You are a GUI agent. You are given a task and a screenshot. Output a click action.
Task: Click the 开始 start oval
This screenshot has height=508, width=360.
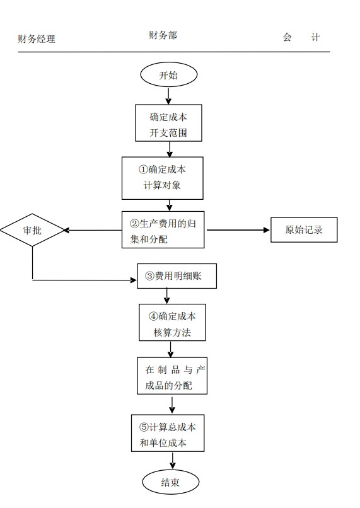pos(168,74)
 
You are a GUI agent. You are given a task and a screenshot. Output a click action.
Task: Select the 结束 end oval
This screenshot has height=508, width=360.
pos(170,482)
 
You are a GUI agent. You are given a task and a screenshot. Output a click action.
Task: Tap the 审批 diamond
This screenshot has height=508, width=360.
pos(32,230)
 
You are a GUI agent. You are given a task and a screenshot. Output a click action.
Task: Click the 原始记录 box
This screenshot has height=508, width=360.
pos(304,230)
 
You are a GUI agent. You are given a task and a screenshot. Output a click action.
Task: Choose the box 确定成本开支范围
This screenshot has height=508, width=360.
pos(168,123)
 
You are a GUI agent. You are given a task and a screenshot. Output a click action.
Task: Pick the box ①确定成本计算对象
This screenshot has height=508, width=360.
pos(163,178)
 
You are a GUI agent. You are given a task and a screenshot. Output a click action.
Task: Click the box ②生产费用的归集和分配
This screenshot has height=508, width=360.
pos(163,230)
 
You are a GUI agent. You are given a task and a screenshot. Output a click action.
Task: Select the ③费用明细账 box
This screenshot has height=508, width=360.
pos(177,276)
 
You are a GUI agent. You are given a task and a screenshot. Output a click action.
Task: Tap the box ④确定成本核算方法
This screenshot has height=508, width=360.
pos(172,323)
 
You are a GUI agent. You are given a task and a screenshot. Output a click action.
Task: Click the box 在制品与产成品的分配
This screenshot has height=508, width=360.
pos(171,376)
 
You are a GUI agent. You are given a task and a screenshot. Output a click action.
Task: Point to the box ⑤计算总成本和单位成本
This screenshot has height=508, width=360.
pos(168,434)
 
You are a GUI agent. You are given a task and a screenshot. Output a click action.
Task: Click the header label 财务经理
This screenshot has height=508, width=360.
pos(37,39)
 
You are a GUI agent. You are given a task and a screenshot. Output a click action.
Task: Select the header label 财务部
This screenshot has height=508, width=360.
pos(163,35)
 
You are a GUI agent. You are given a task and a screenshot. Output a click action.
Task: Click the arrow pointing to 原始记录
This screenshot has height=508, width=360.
pos(238,230)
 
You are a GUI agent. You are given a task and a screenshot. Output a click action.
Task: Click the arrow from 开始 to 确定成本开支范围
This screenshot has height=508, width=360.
pos(168,95)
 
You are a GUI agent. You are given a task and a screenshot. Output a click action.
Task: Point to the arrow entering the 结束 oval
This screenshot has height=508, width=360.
pos(171,461)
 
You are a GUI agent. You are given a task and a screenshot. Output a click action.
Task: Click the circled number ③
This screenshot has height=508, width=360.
pos(149,276)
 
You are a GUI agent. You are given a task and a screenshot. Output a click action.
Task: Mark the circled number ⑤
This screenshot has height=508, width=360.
pos(144,427)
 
